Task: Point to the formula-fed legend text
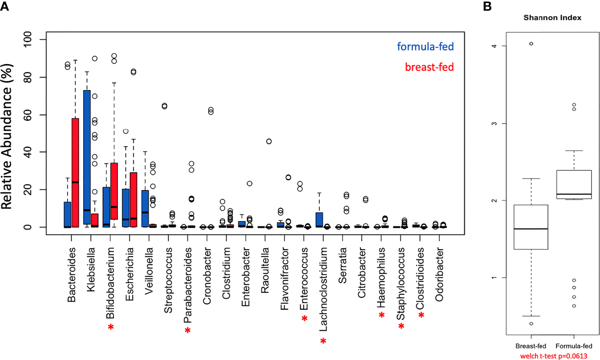click(x=425, y=46)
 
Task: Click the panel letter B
click(x=487, y=7)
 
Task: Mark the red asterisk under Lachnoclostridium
click(x=323, y=341)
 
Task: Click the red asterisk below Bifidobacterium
click(x=110, y=327)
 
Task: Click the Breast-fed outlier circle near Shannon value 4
click(x=531, y=44)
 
